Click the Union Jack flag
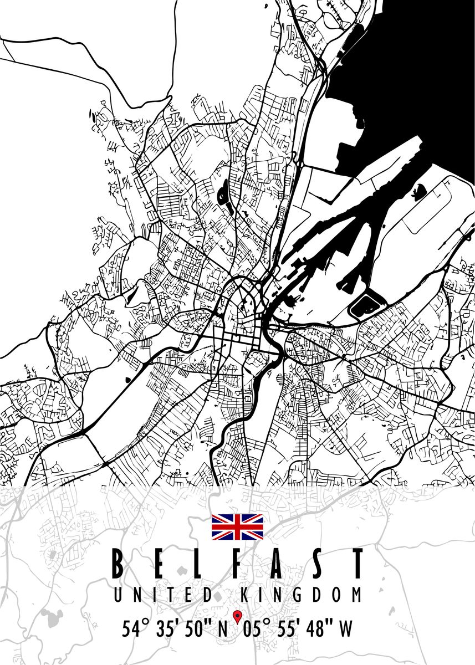point(237,527)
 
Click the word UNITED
point(163,596)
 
